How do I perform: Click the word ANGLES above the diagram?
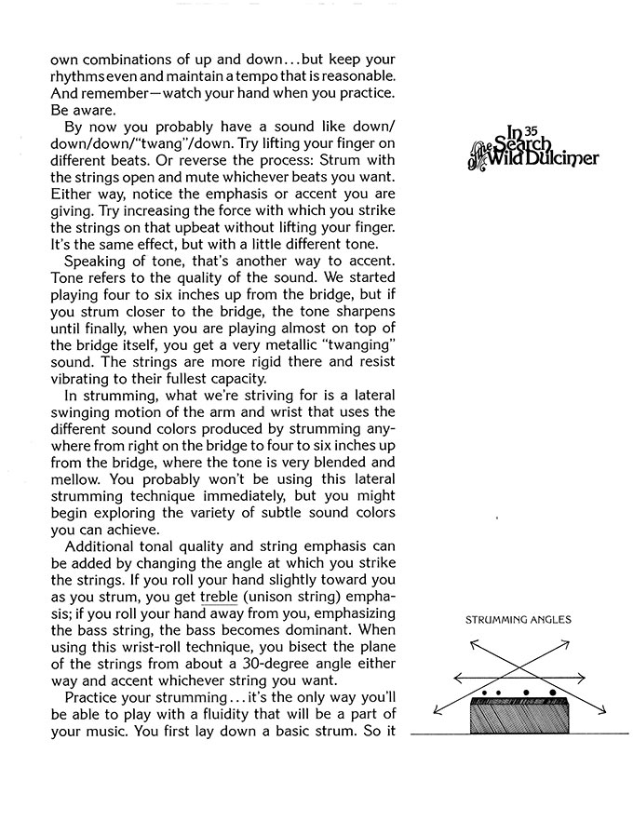[x=551, y=619]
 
